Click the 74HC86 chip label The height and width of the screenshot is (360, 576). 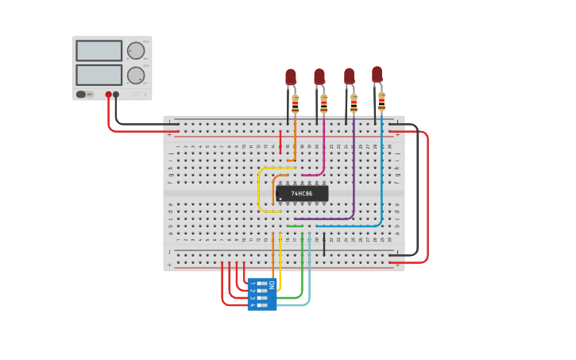click(x=301, y=193)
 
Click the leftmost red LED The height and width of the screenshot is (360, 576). click(x=291, y=76)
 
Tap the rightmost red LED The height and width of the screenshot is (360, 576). click(x=377, y=74)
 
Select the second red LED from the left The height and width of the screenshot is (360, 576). click(x=319, y=76)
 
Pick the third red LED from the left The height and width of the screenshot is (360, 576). click(x=349, y=75)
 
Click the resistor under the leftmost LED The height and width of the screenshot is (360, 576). click(x=296, y=105)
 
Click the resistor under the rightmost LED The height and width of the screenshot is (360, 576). click(x=381, y=102)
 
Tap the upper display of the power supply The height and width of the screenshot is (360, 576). click(x=99, y=51)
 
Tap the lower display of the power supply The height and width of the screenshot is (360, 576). click(x=99, y=75)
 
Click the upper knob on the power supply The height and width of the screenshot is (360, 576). click(x=136, y=51)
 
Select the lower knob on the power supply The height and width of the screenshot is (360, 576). click(x=136, y=75)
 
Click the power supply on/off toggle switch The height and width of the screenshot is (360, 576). click(x=81, y=95)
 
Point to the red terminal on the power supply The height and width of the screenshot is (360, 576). click(x=109, y=95)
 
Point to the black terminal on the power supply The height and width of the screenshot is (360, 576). click(x=116, y=95)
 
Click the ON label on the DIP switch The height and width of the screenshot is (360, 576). click(x=271, y=284)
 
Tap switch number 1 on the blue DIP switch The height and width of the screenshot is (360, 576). click(x=261, y=284)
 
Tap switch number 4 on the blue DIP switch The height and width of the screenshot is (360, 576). click(x=261, y=304)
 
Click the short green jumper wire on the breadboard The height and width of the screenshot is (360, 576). click(x=295, y=226)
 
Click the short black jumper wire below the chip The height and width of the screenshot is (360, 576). click(x=323, y=244)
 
